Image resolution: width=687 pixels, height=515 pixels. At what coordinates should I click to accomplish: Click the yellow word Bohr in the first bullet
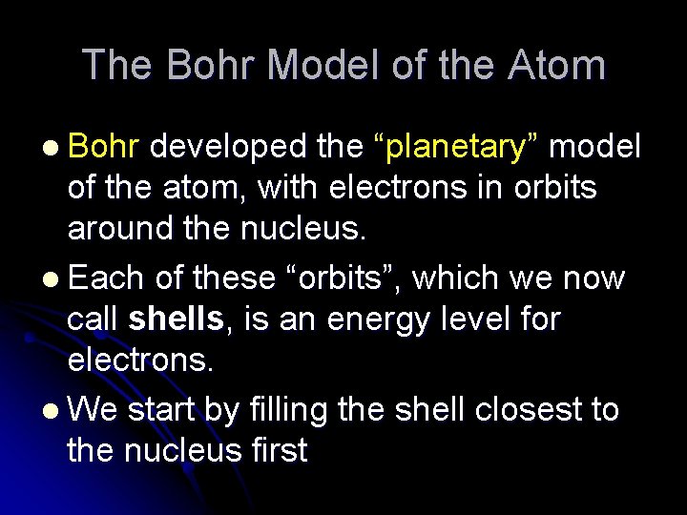[105, 147]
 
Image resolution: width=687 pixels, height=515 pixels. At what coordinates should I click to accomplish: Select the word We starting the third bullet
[93, 409]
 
